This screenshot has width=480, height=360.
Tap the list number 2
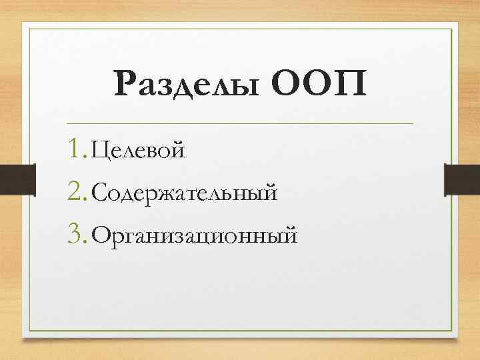(76, 192)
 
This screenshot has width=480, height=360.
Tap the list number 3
(76, 234)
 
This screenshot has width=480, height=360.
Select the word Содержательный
(184, 193)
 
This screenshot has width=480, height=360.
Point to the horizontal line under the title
(240, 123)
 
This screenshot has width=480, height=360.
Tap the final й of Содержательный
(269, 193)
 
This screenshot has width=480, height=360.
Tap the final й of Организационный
(289, 235)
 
